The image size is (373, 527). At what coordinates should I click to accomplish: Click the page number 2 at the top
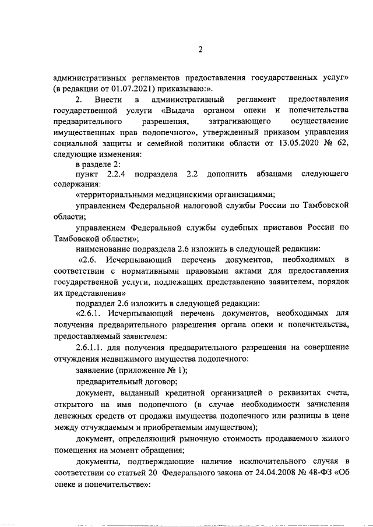tap(199, 49)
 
